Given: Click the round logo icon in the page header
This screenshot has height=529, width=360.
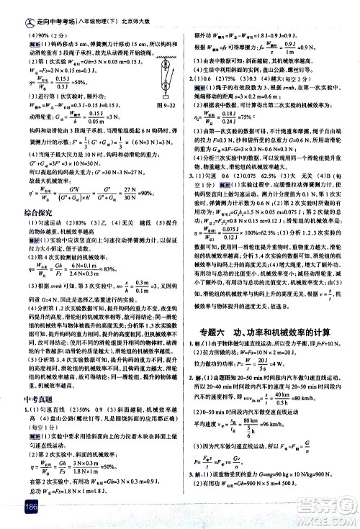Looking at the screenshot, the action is tap(10, 6).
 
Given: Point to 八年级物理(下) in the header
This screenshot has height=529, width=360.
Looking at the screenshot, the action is tap(91, 7).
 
